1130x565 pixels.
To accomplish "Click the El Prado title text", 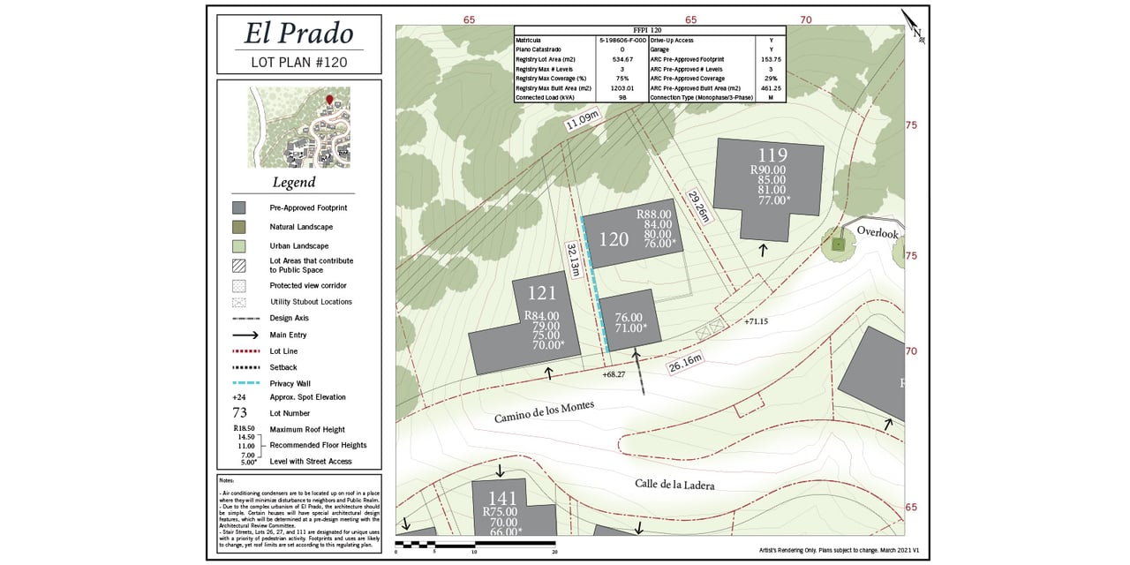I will (298, 34).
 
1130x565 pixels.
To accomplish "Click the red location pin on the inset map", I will (330, 100).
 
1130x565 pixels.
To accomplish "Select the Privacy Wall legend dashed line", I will (245, 383).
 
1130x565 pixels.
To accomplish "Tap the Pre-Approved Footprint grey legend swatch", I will (238, 208).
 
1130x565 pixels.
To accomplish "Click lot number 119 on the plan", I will (772, 156).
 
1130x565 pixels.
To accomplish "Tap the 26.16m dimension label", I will (684, 363).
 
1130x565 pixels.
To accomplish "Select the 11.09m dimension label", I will (583, 120).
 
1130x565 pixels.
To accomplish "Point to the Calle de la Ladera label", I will (674, 484).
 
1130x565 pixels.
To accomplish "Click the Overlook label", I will (877, 233).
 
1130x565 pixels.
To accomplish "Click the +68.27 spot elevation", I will (614, 375).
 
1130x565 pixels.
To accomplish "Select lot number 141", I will (502, 497).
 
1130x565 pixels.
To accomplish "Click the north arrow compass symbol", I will (913, 26).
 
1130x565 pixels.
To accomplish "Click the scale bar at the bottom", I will (475, 544).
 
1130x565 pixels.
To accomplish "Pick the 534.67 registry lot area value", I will (622, 58).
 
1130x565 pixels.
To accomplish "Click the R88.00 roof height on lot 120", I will (654, 215).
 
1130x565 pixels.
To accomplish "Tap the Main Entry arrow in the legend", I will (245, 335).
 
